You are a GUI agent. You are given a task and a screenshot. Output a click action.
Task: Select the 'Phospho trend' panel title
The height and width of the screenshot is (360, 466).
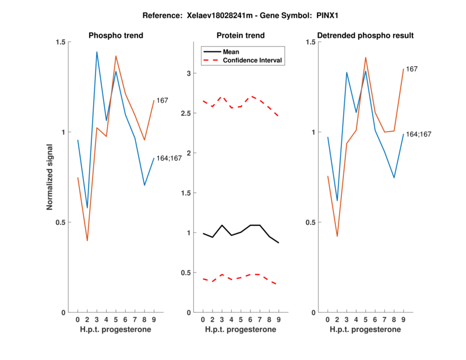(x=116, y=36)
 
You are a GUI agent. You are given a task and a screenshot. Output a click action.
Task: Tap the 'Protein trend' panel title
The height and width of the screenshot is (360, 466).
(x=241, y=36)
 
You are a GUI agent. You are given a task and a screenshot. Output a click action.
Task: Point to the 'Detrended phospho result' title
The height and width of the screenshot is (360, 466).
(x=366, y=36)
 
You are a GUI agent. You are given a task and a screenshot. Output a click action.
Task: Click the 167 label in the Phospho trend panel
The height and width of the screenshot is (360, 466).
(x=163, y=101)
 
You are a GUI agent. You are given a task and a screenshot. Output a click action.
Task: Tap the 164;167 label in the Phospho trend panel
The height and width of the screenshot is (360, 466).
(x=170, y=158)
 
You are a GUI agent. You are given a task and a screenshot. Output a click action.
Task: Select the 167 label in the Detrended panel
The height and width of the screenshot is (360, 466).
(x=412, y=69)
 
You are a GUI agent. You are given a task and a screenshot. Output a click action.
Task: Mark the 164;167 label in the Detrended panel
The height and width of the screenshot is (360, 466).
(x=418, y=134)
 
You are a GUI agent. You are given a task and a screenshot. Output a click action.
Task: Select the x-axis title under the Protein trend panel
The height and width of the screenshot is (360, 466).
(x=241, y=330)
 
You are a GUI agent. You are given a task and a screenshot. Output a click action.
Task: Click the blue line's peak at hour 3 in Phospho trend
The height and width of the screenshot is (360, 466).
(x=97, y=52)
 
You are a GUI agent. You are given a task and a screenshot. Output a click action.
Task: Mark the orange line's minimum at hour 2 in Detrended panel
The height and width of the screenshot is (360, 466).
(x=337, y=236)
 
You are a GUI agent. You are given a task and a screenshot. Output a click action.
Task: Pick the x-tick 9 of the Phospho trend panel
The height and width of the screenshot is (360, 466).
(x=154, y=319)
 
